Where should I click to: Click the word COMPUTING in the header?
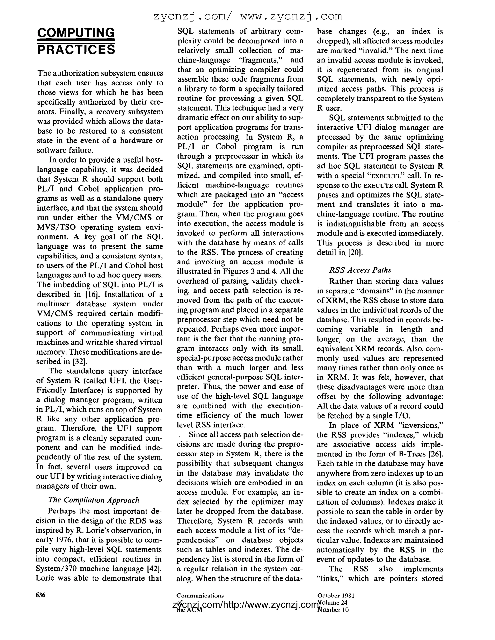pyautogui.click(x=76, y=33)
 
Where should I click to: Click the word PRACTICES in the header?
pyautogui.click(x=76, y=50)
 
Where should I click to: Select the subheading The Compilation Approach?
pyautogui.click(x=93, y=500)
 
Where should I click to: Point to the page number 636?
pyautogui.click(x=40, y=595)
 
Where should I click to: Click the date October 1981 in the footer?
pyautogui.click(x=336, y=596)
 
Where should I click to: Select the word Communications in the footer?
pyautogui.click(x=200, y=596)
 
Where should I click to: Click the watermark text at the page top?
pyautogui.click(x=248, y=16)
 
